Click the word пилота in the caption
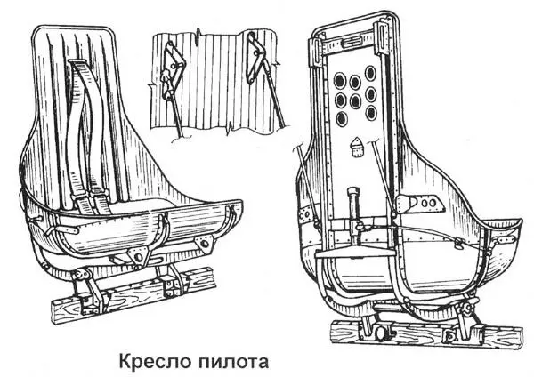pos(228,362)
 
